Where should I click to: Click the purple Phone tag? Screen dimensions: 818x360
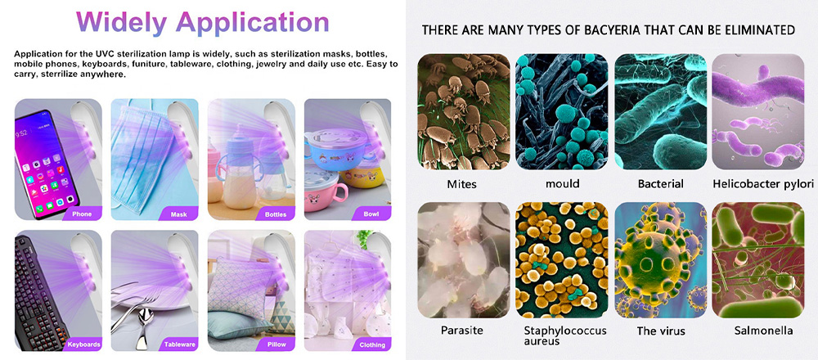click(83, 214)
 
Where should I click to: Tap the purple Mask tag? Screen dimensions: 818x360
click(179, 214)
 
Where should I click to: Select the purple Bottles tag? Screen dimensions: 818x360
click(276, 214)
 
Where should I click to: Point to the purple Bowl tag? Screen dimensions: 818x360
click(371, 214)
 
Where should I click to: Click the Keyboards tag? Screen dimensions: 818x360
click(83, 344)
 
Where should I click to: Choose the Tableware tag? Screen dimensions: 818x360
click(179, 344)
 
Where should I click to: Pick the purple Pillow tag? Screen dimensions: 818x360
click(276, 344)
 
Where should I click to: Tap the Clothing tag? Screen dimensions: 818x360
click(372, 344)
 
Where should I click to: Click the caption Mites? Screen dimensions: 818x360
click(461, 183)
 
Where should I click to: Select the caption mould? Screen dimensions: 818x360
click(563, 183)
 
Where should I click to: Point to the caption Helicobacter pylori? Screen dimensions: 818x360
click(763, 184)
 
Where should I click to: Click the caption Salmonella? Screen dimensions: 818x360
click(763, 331)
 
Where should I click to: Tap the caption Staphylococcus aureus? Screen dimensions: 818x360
click(565, 335)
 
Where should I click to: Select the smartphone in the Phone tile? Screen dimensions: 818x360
click(46, 164)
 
